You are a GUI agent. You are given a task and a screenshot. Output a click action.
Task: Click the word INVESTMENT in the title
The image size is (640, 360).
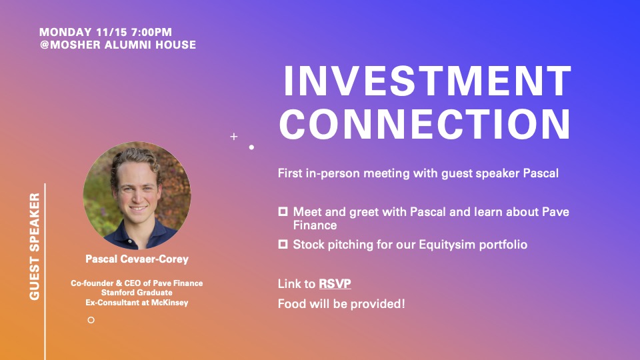pyautogui.click(x=427, y=81)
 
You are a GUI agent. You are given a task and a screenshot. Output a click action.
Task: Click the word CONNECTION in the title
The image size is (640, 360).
pyautogui.click(x=425, y=124)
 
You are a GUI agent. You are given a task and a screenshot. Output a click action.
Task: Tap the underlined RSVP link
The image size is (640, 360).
pyautogui.click(x=335, y=284)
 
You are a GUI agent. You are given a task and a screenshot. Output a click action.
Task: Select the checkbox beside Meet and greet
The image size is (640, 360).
pyautogui.click(x=283, y=211)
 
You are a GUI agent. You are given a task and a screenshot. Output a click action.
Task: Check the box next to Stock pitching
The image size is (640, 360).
pyautogui.click(x=283, y=244)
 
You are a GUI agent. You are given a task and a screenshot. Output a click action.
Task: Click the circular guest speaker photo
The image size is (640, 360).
pyautogui.click(x=137, y=195)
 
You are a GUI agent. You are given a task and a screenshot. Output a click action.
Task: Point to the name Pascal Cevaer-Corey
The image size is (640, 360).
pyautogui.click(x=137, y=259)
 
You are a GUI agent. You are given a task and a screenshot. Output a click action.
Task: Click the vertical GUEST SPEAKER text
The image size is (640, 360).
pyautogui.click(x=35, y=247)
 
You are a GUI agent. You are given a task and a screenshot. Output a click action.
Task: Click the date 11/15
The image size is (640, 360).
pyautogui.click(x=112, y=32)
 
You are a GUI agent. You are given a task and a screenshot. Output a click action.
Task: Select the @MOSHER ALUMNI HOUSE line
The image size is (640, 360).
pyautogui.click(x=118, y=45)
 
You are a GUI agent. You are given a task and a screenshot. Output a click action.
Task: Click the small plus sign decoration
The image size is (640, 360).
pyautogui.click(x=234, y=136)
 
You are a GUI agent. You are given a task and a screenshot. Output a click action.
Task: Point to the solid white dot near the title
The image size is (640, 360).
pyautogui.click(x=251, y=147)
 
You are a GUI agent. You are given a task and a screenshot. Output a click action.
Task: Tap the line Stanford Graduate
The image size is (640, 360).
pyautogui.click(x=137, y=293)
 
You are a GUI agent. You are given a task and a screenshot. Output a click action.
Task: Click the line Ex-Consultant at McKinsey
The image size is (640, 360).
pyautogui.click(x=137, y=303)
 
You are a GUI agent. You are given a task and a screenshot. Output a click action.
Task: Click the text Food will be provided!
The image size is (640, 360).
pyautogui.click(x=341, y=304)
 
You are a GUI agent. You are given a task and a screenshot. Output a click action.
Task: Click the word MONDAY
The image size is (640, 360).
pyautogui.click(x=66, y=32)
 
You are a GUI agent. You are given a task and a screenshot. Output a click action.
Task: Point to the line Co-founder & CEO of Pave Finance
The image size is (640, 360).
pyautogui.click(x=137, y=283)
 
